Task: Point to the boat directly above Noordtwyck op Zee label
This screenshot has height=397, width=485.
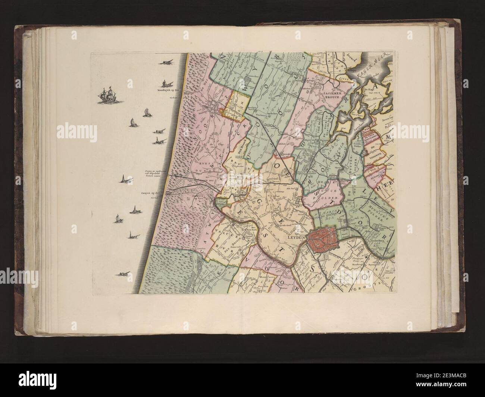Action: pos(165,83)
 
